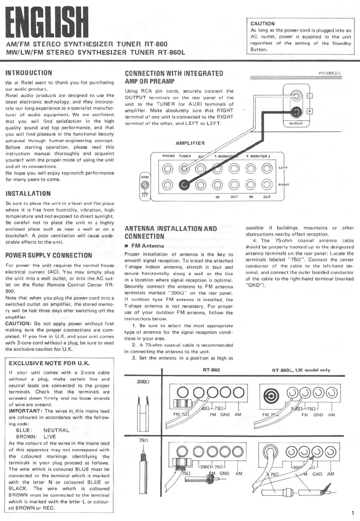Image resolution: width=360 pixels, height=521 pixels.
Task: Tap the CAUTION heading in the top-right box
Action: click(x=262, y=23)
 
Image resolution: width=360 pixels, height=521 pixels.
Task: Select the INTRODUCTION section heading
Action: click(x=29, y=73)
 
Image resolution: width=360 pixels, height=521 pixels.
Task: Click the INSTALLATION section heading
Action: click(x=28, y=193)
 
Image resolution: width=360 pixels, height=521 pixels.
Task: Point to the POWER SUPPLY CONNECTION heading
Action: click(x=48, y=255)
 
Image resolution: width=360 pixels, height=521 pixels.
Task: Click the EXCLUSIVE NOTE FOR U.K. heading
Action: click(x=49, y=363)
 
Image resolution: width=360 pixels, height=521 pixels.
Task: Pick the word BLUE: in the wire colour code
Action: click(x=24, y=430)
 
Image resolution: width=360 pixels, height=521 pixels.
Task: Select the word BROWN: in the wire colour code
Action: click(x=26, y=436)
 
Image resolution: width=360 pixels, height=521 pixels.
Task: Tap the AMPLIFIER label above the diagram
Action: click(x=190, y=143)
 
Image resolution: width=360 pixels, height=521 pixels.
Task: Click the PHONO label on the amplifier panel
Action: click(x=168, y=156)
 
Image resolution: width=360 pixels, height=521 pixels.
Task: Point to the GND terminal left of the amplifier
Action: click(x=145, y=185)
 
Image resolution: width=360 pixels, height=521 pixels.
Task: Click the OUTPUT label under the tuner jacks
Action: click(x=296, y=123)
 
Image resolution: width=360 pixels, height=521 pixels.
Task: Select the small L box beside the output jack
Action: click(x=309, y=96)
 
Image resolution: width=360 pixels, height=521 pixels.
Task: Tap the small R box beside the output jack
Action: click(x=309, y=111)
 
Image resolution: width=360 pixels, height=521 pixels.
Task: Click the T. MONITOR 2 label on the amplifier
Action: click(x=258, y=156)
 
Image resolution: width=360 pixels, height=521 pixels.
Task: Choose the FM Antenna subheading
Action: click(x=147, y=246)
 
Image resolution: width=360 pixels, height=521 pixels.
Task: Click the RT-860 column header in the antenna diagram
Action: click(x=211, y=370)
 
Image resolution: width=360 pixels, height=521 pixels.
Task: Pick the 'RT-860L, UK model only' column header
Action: click(x=301, y=370)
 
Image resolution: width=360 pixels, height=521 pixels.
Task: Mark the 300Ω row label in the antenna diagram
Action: click(x=143, y=382)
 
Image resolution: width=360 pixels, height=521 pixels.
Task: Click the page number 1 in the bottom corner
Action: click(x=353, y=513)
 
